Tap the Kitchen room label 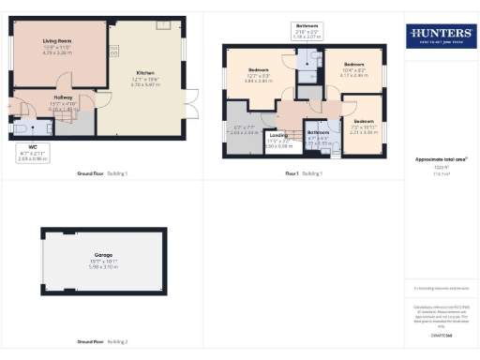(x=146, y=72)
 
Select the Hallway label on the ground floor (x=63, y=97)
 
